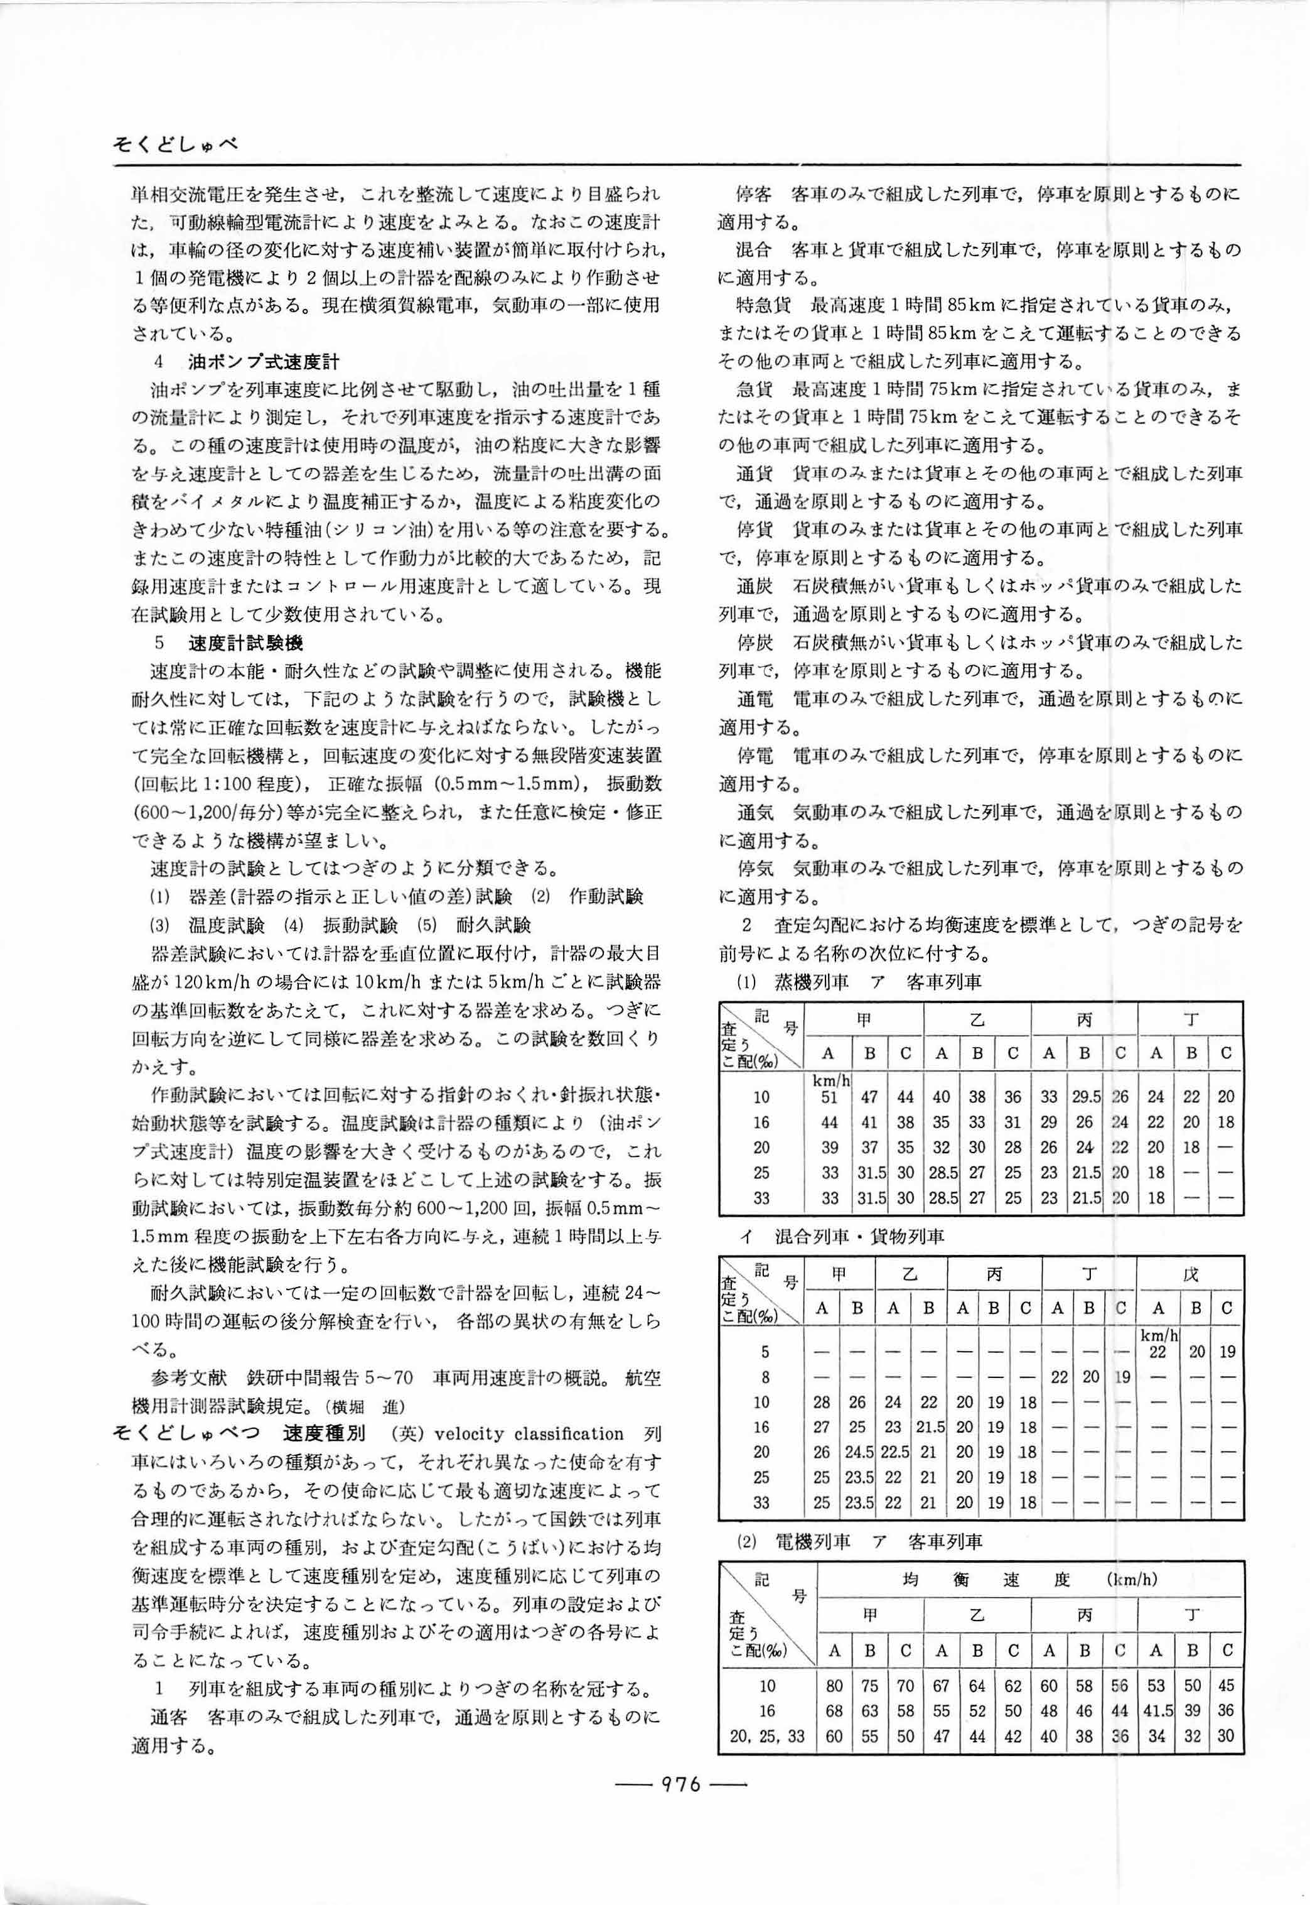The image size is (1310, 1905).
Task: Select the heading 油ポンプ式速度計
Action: point(262,361)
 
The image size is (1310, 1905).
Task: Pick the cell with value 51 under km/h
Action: point(830,1097)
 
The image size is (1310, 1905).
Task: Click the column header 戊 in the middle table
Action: point(1190,1274)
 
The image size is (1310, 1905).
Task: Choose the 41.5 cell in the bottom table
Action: point(1156,1710)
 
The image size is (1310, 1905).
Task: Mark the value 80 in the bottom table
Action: point(835,1686)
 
